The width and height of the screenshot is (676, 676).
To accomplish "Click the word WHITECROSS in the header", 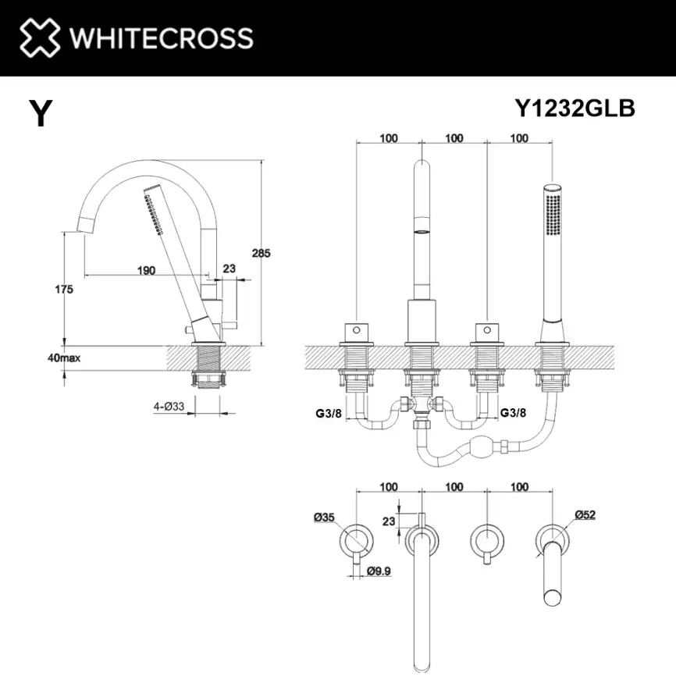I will tap(161, 37).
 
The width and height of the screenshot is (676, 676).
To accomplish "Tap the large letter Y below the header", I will tap(41, 113).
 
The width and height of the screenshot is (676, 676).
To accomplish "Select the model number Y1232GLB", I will tap(575, 109).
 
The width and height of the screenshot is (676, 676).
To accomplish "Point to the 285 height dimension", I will tap(262, 253).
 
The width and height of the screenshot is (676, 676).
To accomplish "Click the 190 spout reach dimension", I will tap(146, 270).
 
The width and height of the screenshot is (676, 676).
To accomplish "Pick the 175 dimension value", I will tap(64, 290).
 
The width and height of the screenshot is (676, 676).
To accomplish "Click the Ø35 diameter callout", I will tap(324, 517).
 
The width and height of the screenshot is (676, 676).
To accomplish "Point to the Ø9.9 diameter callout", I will tap(379, 571).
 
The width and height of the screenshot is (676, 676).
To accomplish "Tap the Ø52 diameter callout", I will tap(585, 514).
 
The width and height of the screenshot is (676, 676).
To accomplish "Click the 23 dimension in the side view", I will tap(229, 269).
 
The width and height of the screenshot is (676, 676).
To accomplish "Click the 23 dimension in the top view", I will tap(388, 521).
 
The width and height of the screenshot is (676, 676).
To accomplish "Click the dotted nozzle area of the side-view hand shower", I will tap(151, 212).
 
